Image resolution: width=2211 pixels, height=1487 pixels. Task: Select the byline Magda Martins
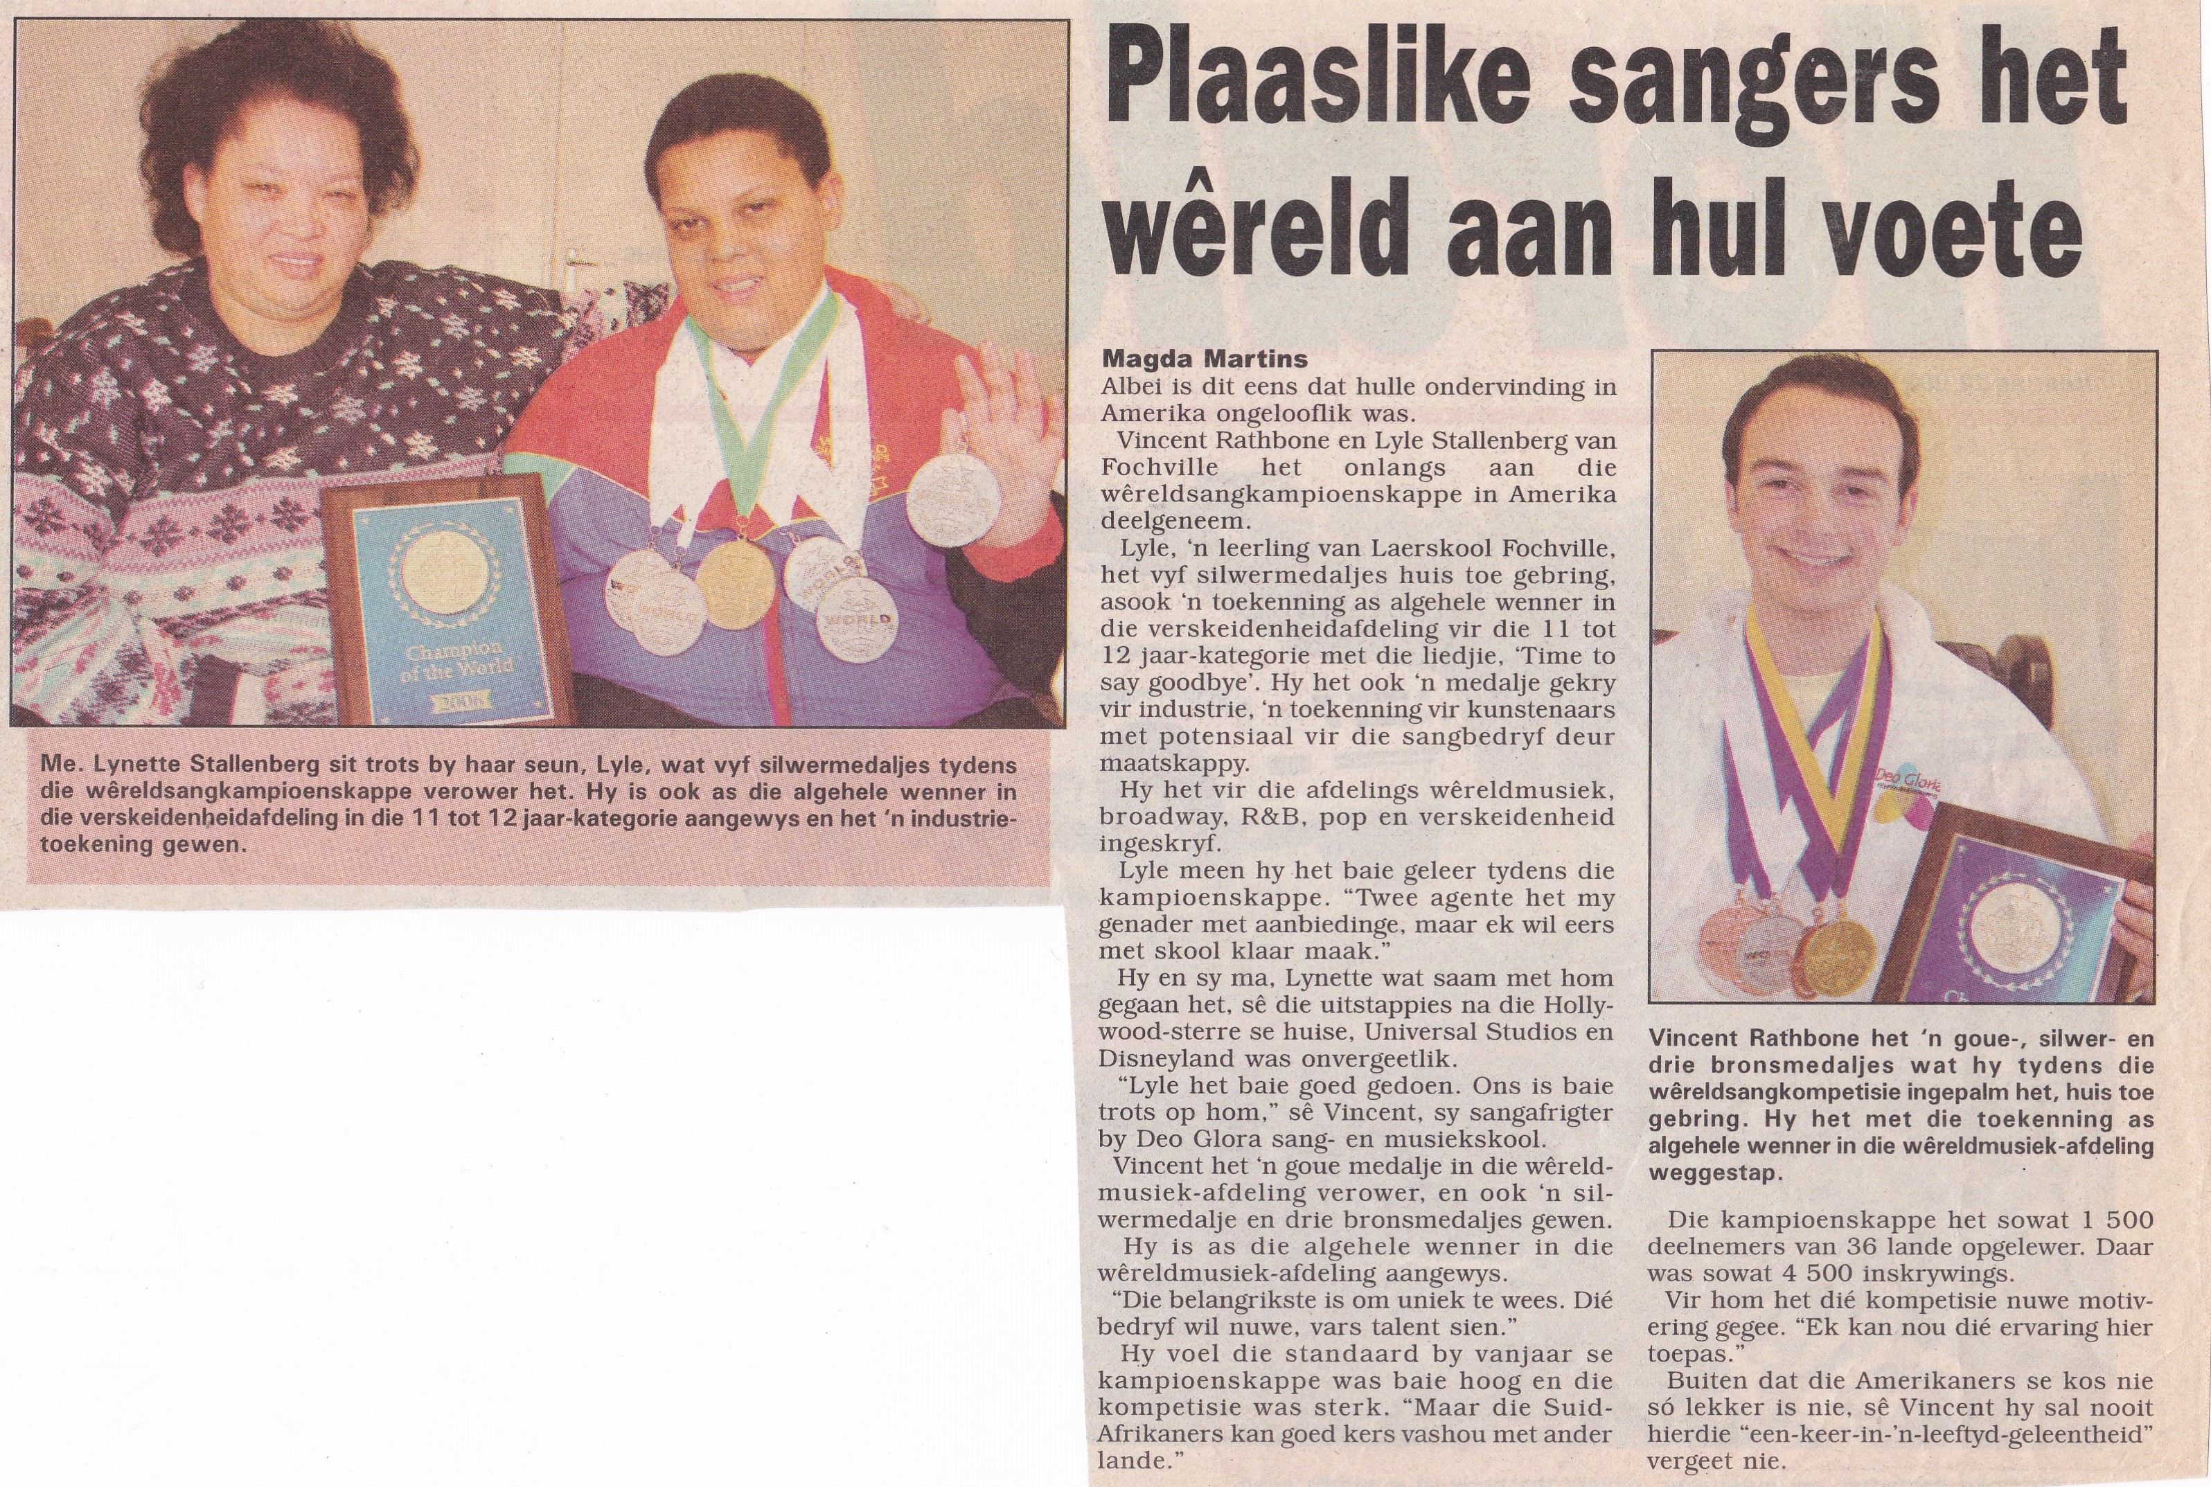click(1204, 359)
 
